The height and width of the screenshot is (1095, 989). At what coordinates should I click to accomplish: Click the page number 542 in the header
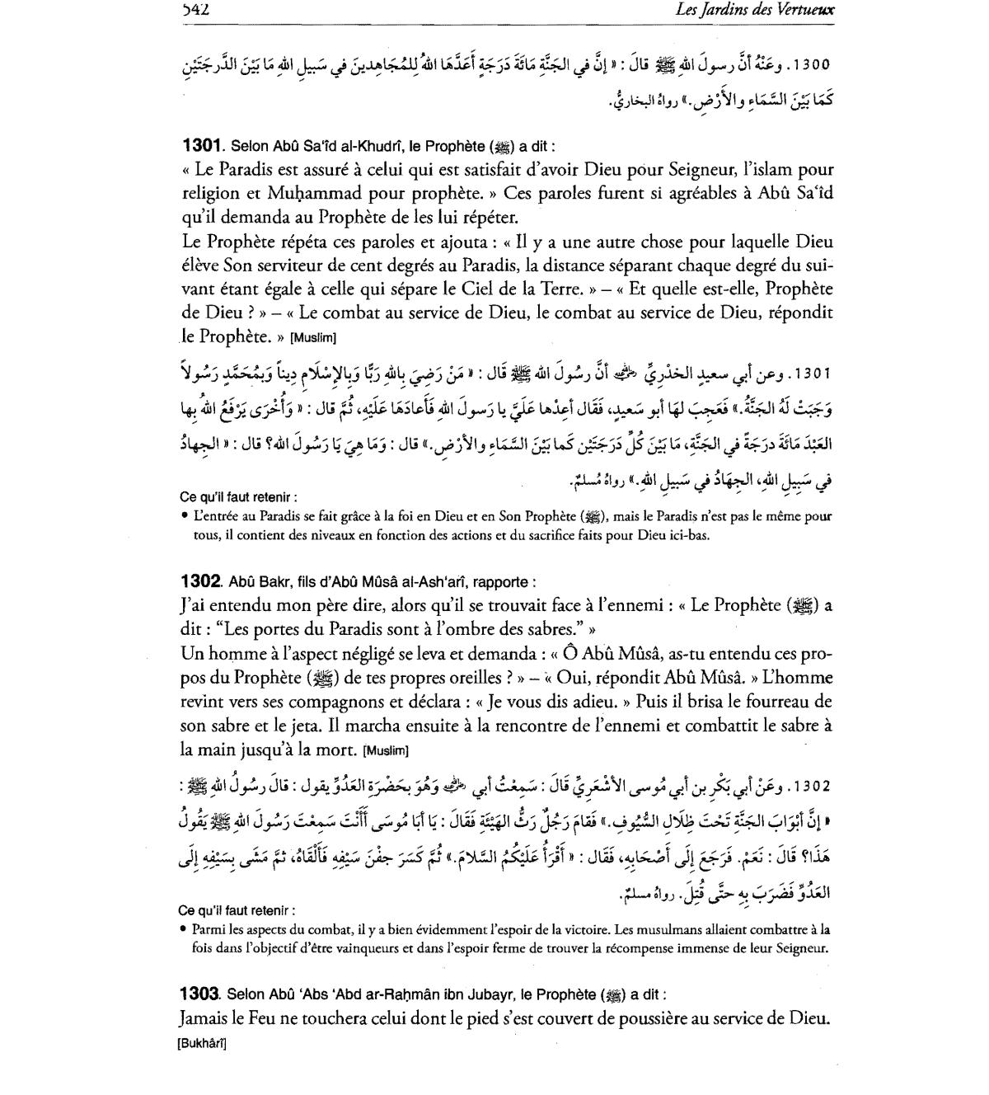click(195, 11)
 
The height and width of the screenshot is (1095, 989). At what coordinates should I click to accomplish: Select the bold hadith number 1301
click(203, 146)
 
